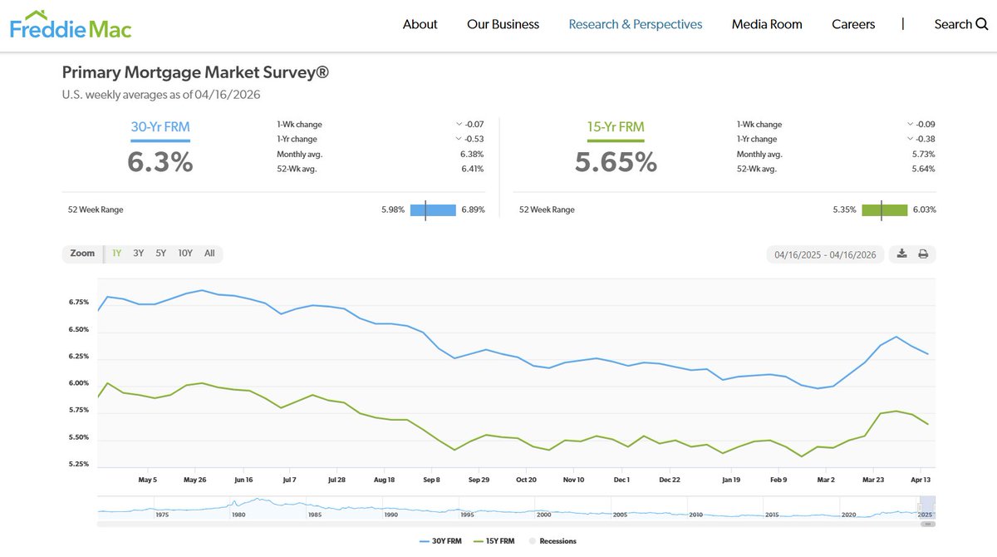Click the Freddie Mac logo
pos(71,25)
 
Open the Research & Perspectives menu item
pos(635,24)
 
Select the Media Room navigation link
pos(766,24)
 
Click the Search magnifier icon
pos(980,24)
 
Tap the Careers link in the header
pos(853,24)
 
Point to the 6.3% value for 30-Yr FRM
pos(160,161)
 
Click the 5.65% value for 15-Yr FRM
pos(616,161)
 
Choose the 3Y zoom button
pos(139,254)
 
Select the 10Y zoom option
pos(184,254)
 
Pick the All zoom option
pos(209,254)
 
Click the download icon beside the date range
pos(902,254)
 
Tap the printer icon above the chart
pos(923,254)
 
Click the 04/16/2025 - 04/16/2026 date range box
pos(825,254)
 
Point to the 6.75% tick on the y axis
pos(79,303)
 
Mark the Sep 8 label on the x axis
pos(431,480)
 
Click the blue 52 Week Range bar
pos(433,209)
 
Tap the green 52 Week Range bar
pos(884,209)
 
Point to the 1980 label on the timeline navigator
pos(238,515)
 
